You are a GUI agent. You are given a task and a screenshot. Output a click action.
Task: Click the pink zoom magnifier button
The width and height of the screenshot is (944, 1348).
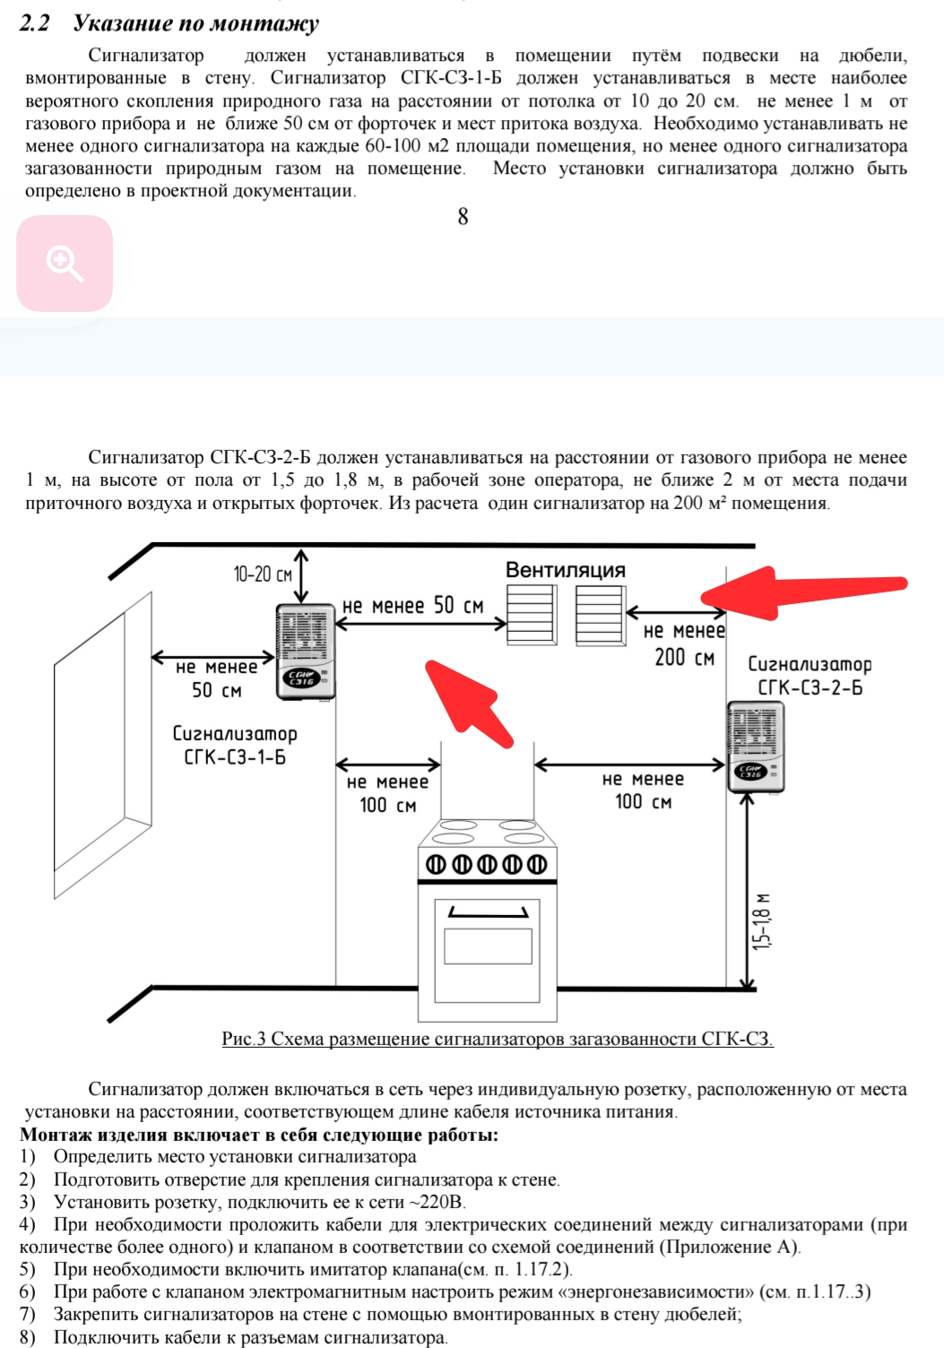click(65, 264)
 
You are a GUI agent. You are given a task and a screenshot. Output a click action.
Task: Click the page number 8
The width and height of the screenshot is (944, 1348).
click(463, 217)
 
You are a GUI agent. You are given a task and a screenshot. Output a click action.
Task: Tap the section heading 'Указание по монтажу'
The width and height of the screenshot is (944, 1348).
click(195, 23)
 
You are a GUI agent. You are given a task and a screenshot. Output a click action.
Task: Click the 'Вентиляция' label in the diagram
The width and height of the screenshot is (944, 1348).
click(565, 570)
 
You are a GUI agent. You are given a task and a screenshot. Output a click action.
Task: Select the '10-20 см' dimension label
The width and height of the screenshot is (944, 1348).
click(263, 574)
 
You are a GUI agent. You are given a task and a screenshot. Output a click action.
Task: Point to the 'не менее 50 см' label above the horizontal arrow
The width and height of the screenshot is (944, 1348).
click(413, 606)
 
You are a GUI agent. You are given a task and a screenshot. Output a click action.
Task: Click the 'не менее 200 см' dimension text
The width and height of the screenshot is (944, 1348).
click(684, 644)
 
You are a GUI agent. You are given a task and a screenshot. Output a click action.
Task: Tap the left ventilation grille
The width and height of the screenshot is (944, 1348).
click(531, 615)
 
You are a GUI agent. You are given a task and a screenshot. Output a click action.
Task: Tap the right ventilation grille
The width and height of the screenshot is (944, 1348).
click(600, 615)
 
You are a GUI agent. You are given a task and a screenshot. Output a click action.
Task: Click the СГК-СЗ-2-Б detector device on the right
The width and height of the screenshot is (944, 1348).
click(756, 747)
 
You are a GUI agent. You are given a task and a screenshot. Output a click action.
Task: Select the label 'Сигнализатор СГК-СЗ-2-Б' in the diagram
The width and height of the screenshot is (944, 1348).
click(810, 676)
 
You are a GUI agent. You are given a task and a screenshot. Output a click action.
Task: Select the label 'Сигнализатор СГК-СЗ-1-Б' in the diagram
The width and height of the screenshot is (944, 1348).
click(234, 745)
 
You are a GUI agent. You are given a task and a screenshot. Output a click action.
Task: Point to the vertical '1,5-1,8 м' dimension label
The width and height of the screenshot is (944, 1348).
click(761, 921)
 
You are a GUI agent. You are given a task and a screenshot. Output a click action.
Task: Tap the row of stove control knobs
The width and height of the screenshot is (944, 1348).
click(486, 865)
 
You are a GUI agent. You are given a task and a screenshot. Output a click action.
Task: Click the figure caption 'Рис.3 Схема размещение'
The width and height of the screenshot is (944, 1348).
click(498, 1039)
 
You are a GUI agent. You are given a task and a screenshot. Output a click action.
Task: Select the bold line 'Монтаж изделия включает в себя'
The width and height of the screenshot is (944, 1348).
click(259, 1135)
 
